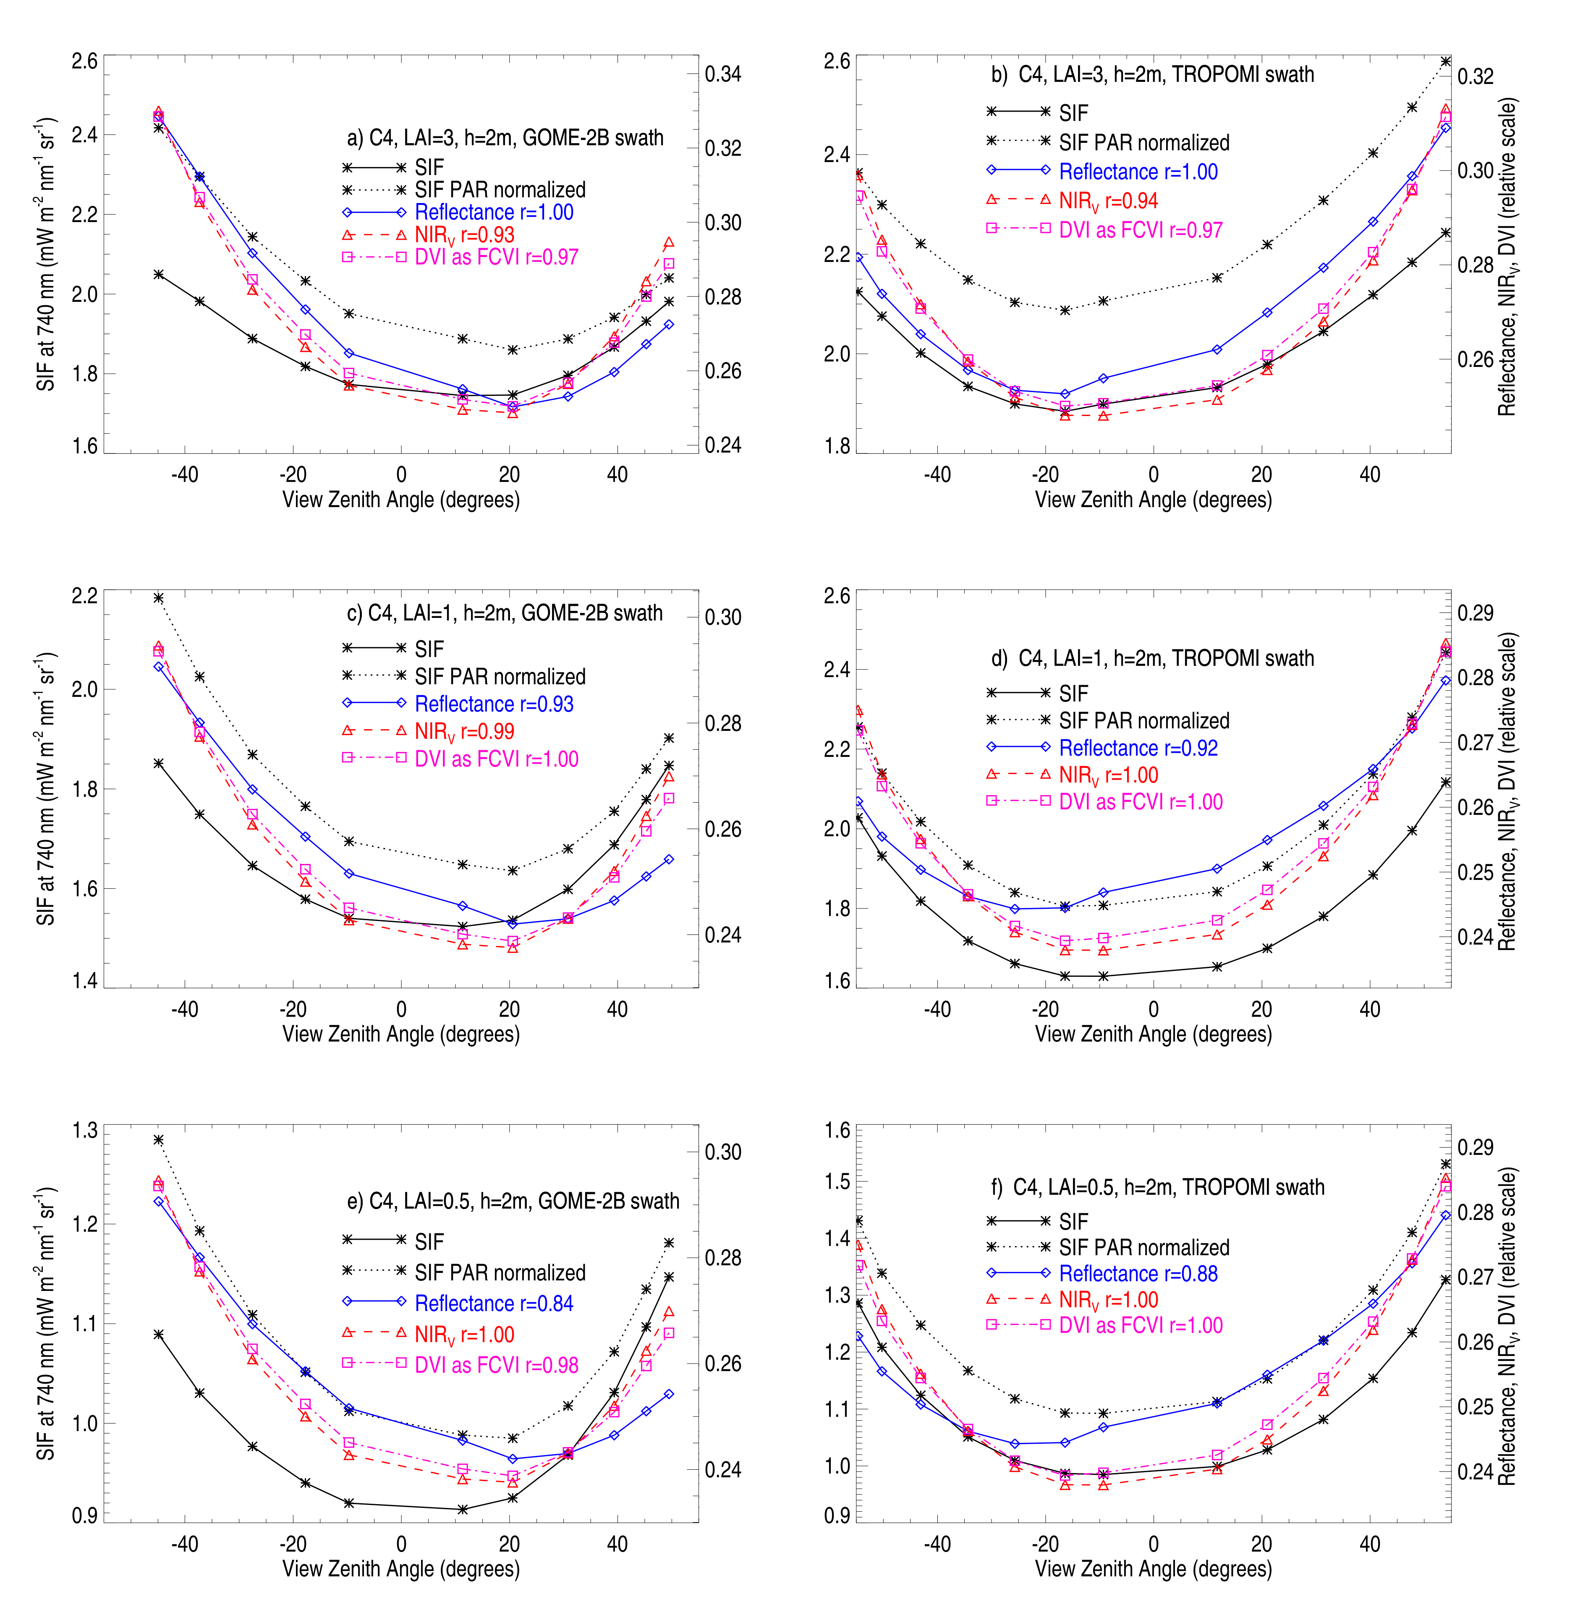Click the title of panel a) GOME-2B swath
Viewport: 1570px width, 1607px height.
[x=505, y=138]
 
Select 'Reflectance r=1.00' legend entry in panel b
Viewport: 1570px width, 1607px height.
[x=1138, y=172]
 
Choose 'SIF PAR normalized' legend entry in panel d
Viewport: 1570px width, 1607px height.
[x=1143, y=721]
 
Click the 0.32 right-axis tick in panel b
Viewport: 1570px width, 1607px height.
[x=1475, y=77]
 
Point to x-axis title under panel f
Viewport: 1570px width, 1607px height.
[x=1153, y=1568]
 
